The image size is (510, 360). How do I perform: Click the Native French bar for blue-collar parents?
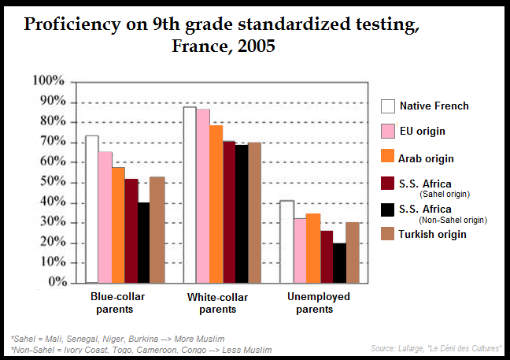tap(92, 209)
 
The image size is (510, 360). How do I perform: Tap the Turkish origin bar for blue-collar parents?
tap(157, 229)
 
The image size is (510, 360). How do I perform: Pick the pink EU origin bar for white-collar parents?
tap(203, 195)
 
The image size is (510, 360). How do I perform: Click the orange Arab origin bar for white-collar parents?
tap(216, 203)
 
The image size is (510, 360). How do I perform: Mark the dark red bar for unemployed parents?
tap(326, 256)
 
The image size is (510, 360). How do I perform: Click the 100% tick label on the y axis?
tap(49, 81)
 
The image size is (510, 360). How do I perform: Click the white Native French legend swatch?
tap(387, 106)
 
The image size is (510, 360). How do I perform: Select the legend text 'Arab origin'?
tap(427, 158)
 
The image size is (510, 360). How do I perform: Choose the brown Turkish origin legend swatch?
tap(387, 233)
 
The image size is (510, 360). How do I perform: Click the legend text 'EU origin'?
tap(423, 131)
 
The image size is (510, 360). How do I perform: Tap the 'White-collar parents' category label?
tap(217, 303)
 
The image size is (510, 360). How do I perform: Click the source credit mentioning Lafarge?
tap(437, 348)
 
